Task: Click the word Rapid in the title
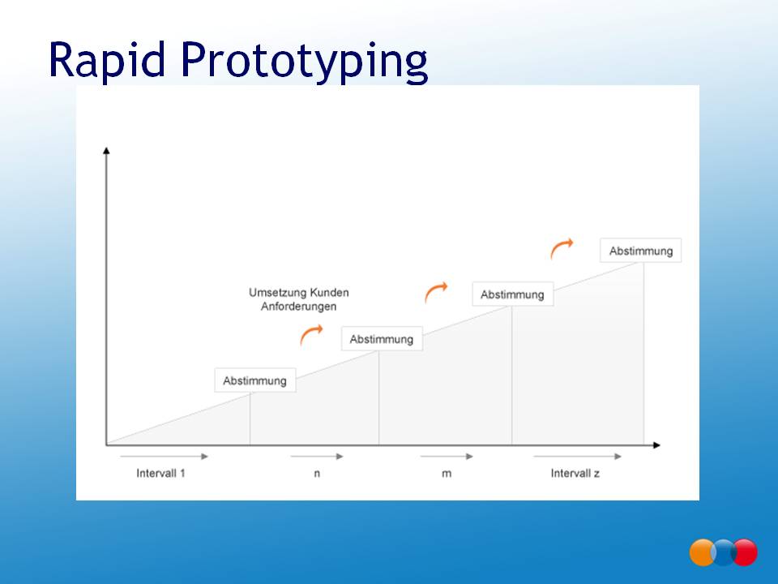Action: click(x=107, y=59)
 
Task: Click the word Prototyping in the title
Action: click(x=304, y=62)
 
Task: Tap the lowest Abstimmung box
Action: click(x=255, y=380)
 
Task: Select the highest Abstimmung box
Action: click(x=640, y=251)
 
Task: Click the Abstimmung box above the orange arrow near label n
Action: click(x=382, y=339)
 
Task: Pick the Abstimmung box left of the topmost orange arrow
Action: click(x=512, y=294)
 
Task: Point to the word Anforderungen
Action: click(x=299, y=307)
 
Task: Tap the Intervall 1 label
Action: click(x=160, y=473)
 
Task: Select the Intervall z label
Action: click(x=575, y=473)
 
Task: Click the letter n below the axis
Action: click(x=317, y=474)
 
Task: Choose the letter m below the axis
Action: click(x=447, y=474)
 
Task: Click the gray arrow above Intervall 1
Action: click(x=165, y=457)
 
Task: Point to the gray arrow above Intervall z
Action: click(x=578, y=457)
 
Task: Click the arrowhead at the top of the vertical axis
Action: click(x=106, y=151)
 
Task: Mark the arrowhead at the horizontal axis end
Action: click(x=656, y=445)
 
